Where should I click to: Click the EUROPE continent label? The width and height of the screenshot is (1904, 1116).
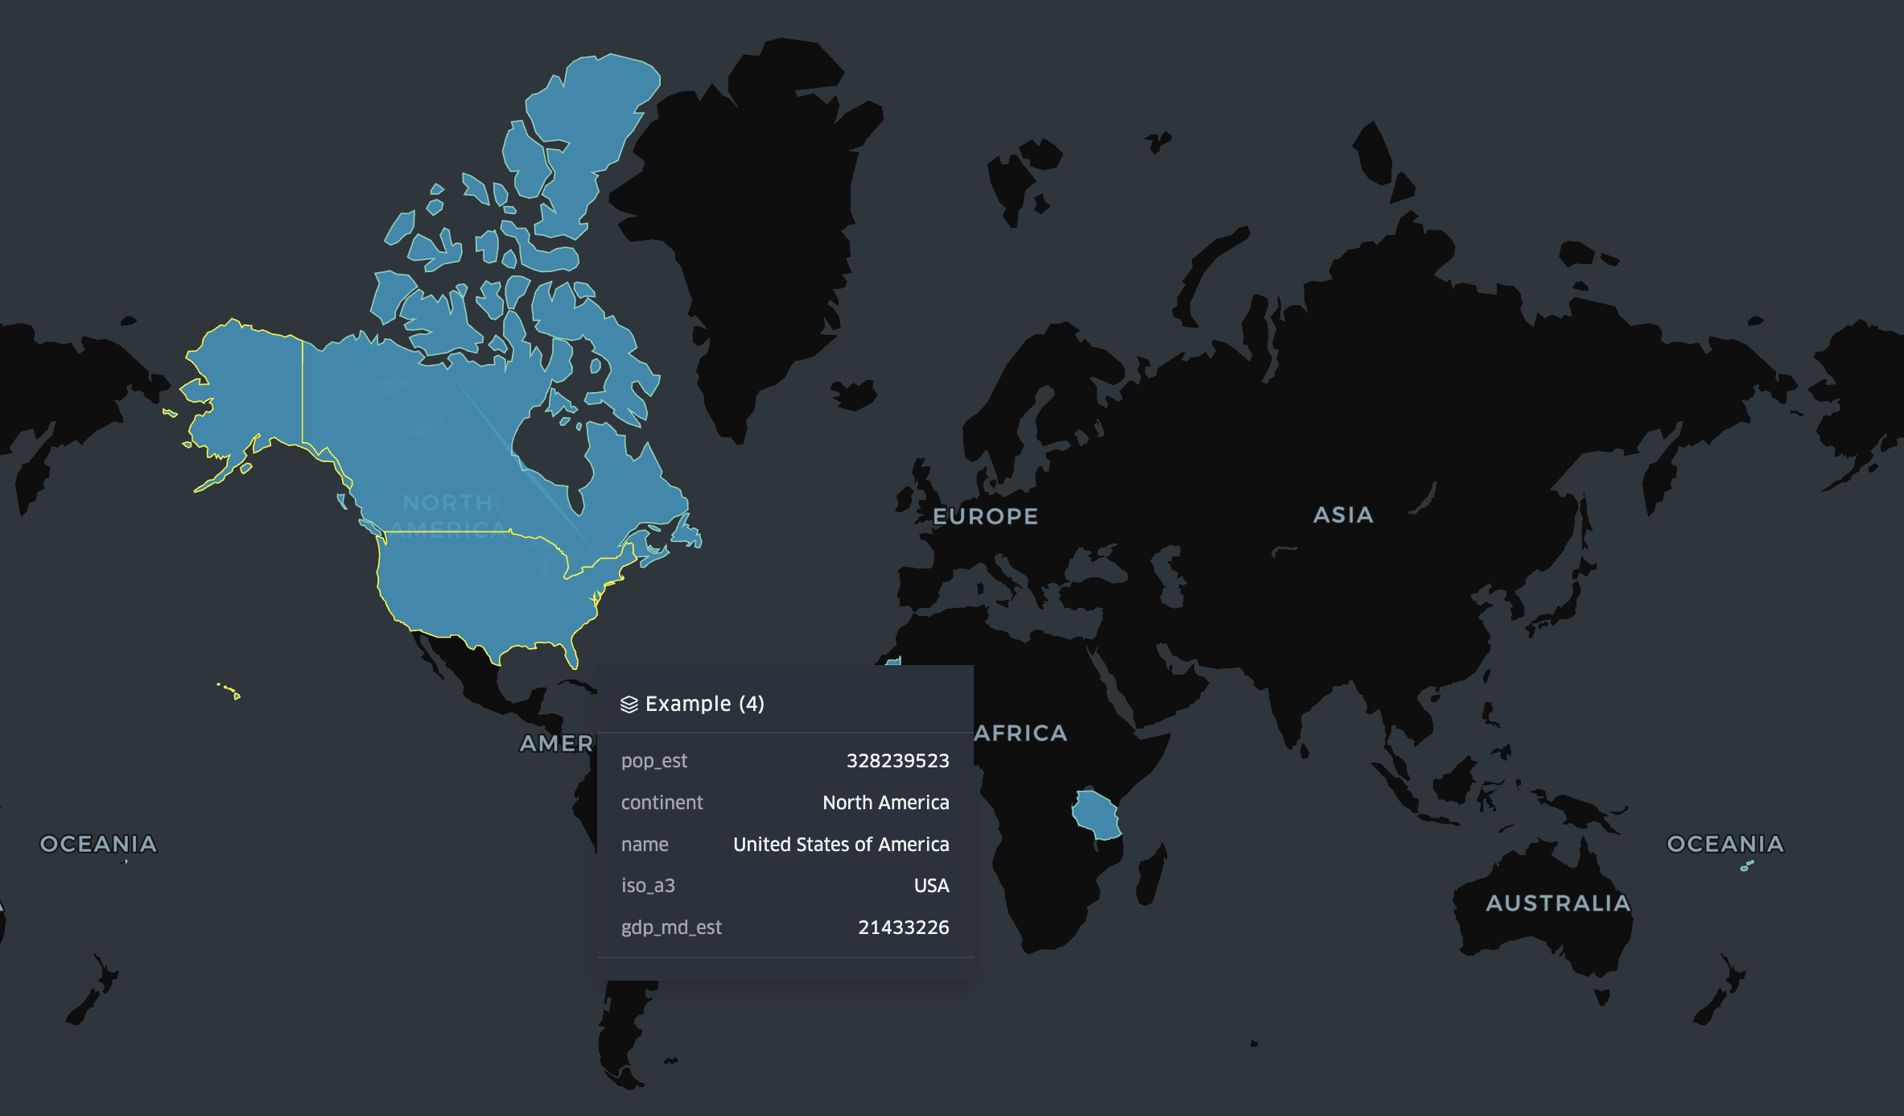(985, 516)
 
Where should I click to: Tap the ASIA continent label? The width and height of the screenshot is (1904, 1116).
(1343, 515)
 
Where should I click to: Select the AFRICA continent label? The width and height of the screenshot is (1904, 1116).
(1020, 733)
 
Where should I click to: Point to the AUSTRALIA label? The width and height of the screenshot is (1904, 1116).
(1558, 903)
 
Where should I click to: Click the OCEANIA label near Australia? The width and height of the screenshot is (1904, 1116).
(1725, 843)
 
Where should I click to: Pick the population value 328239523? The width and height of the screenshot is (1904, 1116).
(897, 761)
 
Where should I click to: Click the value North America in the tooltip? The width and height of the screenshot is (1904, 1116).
(885, 803)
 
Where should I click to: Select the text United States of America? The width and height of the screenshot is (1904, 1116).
(841, 845)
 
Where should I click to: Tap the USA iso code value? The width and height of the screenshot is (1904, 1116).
(931, 886)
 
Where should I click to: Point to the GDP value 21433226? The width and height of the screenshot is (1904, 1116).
(903, 928)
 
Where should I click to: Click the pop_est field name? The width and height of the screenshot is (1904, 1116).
(654, 761)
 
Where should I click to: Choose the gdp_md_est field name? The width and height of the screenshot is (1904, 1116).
(671, 928)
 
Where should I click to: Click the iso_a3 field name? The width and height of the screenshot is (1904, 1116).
(648, 886)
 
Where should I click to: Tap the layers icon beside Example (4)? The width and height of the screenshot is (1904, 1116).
(629, 705)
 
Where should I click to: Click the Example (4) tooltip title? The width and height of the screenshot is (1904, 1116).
(704, 704)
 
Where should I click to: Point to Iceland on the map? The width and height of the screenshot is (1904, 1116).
(855, 395)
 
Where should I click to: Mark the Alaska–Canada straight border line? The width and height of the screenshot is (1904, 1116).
(303, 391)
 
